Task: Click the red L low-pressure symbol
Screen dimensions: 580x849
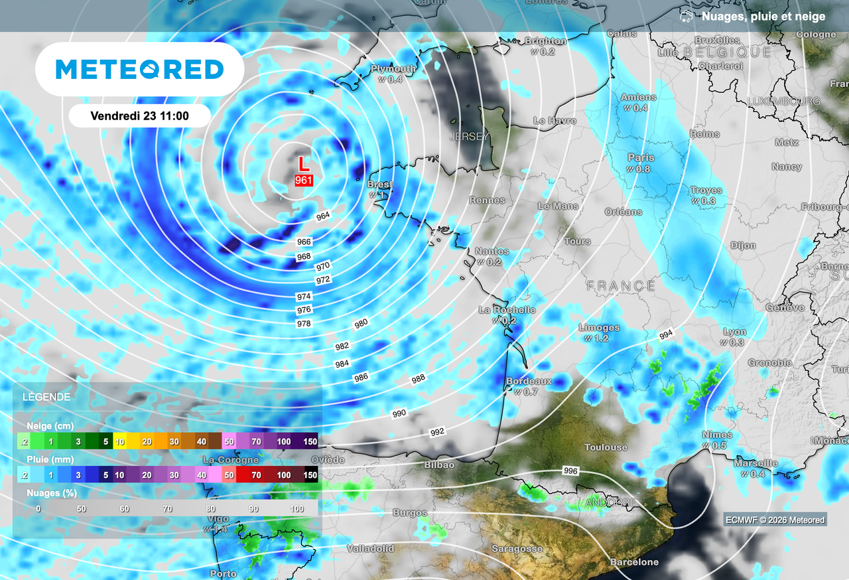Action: click(303, 163)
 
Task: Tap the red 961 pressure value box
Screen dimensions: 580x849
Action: click(304, 180)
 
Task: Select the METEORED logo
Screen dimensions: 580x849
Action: click(139, 69)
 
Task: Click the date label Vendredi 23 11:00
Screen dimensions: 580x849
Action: click(139, 115)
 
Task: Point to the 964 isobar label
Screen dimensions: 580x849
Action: click(323, 216)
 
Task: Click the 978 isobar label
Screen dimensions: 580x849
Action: click(304, 323)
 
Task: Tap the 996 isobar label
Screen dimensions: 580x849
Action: click(570, 471)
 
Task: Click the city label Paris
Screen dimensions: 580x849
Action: click(641, 158)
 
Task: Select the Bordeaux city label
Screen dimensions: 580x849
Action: click(529, 382)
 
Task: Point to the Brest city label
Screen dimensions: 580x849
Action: click(380, 184)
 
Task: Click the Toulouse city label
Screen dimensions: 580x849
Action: click(606, 447)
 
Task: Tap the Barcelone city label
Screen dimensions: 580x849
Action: click(635, 562)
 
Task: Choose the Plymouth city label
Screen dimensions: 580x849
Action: click(393, 69)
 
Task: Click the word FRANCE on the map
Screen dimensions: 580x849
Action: click(620, 286)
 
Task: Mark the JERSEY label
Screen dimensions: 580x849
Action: click(469, 137)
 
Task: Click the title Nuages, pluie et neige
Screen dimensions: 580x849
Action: click(763, 17)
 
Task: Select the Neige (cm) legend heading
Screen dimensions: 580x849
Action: click(50, 425)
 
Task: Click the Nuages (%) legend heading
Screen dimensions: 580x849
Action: click(52, 493)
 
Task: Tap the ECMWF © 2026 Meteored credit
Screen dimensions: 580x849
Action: click(775, 520)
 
